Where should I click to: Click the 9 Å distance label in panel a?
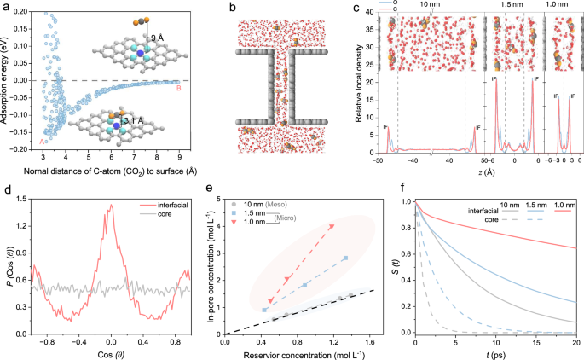click(x=153, y=38)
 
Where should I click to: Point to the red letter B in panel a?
click(x=177, y=88)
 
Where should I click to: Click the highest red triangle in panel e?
click(x=332, y=226)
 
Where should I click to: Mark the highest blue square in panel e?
click(x=345, y=258)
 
